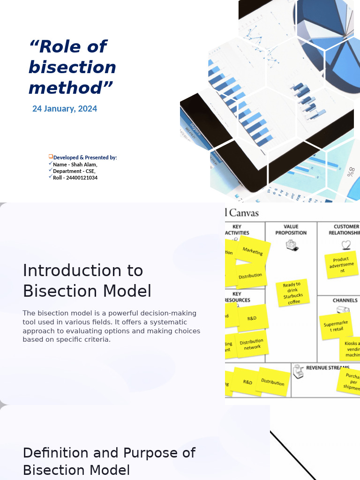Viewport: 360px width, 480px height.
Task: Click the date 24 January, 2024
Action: click(65, 109)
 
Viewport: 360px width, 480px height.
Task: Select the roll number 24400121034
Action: click(75, 178)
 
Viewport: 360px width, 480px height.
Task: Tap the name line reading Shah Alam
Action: click(75, 165)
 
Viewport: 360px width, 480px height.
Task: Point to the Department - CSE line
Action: click(74, 171)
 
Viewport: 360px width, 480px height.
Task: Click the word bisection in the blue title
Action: click(72, 67)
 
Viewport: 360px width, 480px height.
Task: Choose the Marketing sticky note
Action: click(253, 251)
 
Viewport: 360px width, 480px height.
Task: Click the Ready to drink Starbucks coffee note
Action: click(293, 293)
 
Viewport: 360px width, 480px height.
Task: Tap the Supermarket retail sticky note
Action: click(336, 326)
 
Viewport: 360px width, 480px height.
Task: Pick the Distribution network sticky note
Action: click(252, 345)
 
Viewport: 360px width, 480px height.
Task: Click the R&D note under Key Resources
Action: click(252, 318)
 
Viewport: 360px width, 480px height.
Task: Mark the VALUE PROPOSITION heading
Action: click(291, 230)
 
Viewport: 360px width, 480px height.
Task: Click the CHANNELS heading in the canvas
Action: click(345, 300)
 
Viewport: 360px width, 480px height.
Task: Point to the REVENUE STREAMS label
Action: click(327, 368)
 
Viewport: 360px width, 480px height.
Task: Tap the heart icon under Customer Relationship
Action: click(346, 245)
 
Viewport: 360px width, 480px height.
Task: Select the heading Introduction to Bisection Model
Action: click(87, 281)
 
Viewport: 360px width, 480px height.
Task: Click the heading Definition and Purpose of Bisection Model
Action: click(109, 461)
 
